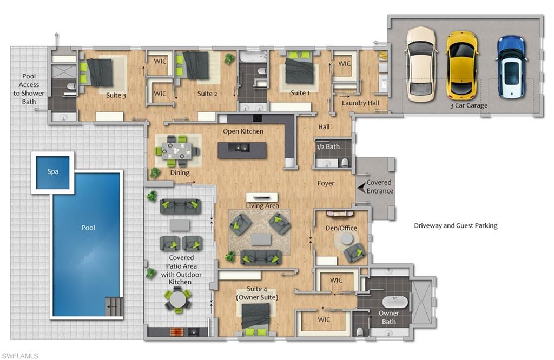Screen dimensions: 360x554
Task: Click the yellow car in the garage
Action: click(x=461, y=65)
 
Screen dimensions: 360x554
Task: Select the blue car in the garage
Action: click(x=511, y=66)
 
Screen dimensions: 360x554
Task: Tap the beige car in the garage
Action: click(x=420, y=64)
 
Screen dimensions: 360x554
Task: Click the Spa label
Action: click(x=53, y=172)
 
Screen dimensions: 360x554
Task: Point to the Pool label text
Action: click(x=88, y=228)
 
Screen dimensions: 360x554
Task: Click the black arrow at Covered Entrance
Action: click(x=361, y=186)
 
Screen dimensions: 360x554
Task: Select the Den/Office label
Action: click(x=341, y=228)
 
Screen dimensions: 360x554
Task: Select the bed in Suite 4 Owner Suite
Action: click(x=256, y=317)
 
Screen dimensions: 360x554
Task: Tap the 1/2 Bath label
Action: click(x=328, y=147)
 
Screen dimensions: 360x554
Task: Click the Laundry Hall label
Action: click(x=360, y=103)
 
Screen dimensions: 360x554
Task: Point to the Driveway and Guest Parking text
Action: click(x=456, y=226)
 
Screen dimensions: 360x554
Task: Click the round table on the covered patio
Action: click(x=178, y=298)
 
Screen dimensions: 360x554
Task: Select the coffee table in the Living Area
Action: click(x=261, y=239)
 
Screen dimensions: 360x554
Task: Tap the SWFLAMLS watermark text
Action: click(x=19, y=355)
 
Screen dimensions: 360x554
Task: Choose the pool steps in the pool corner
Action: click(x=114, y=308)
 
